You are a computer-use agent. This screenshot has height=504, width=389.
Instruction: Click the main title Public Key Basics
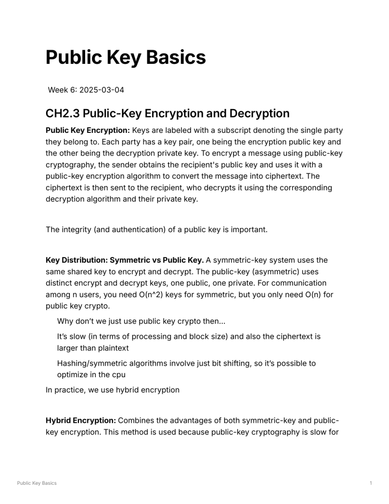pos(126,58)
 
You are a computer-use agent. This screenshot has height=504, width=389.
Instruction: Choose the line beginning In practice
pos(112,390)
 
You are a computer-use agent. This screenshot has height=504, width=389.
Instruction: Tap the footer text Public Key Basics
pos(37,483)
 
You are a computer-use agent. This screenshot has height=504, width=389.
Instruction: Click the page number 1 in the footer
pos(371,483)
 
